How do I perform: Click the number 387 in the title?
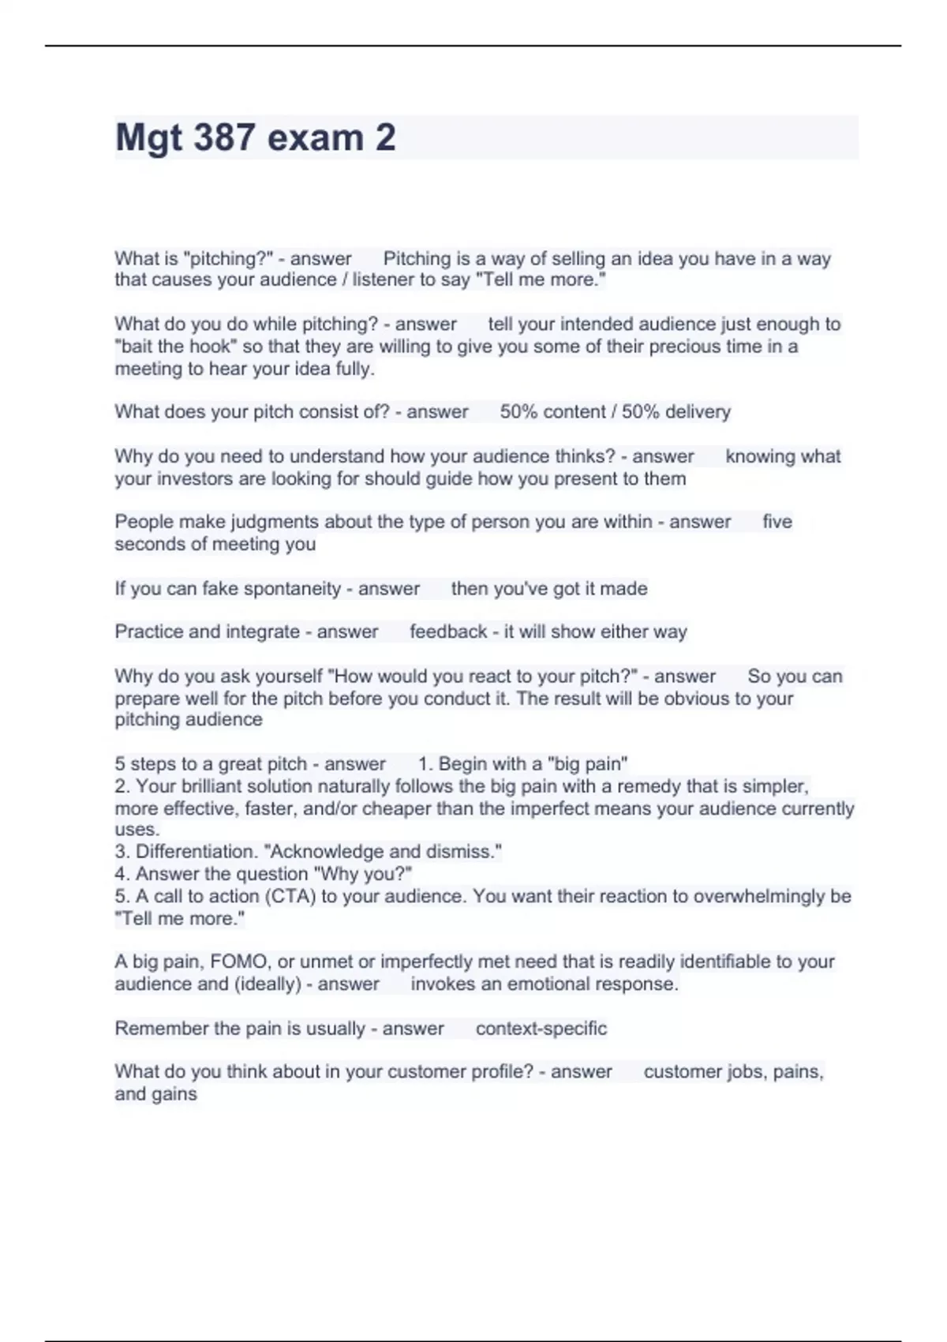pos(224,137)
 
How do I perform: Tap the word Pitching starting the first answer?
pos(416,258)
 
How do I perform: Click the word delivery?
pos(698,412)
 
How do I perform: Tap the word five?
pos(777,522)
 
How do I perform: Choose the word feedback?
pos(448,632)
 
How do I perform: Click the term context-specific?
pos(541,1029)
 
